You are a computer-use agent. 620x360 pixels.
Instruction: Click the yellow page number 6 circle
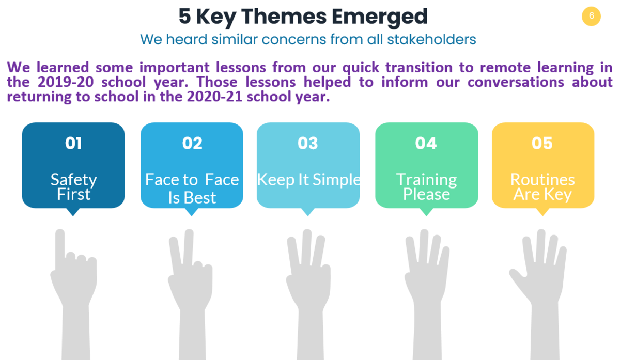[x=591, y=17]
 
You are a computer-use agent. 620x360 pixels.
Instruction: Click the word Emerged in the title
[x=380, y=17]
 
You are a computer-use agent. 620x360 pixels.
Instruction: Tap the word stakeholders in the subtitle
[x=431, y=39]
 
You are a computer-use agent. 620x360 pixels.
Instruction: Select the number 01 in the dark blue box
[x=73, y=144]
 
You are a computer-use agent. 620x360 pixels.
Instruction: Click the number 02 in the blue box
[x=192, y=144]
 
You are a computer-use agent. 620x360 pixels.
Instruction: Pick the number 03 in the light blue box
[x=308, y=144]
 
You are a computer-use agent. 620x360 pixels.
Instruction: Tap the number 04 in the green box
[x=426, y=144]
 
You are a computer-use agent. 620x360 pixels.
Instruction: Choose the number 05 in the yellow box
[x=542, y=144]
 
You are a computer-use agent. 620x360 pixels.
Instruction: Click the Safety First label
[x=73, y=187]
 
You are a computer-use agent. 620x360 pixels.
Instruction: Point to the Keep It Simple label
[x=308, y=180]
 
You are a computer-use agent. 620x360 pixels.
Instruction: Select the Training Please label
[x=427, y=187]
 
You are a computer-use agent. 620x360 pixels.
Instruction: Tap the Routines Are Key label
[x=542, y=187]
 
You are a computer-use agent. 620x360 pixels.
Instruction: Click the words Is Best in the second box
[x=192, y=198]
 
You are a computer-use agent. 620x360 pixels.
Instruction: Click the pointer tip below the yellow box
[x=542, y=216]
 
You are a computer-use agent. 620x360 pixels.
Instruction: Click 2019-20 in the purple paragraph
[x=66, y=82]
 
